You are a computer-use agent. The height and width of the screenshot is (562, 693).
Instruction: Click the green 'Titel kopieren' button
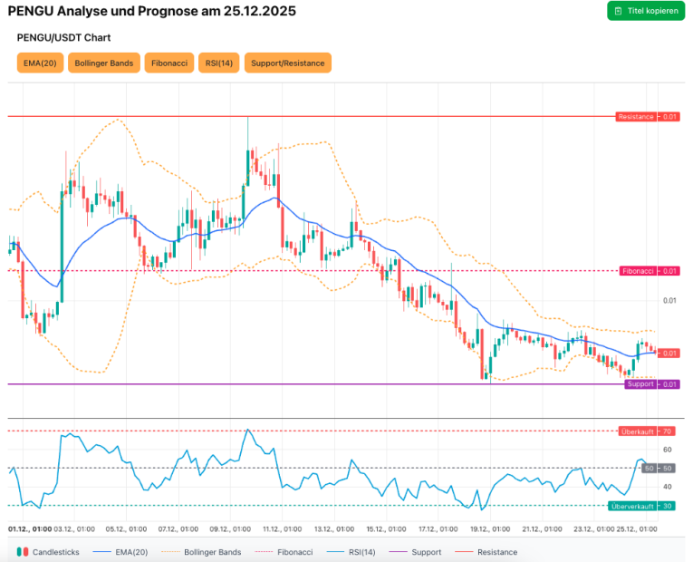pos(646,11)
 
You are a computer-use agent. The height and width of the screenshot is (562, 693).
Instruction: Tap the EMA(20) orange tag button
pos(40,63)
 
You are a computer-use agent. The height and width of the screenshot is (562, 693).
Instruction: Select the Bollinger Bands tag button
pos(104,63)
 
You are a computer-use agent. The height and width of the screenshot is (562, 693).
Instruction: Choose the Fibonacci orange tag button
pos(169,63)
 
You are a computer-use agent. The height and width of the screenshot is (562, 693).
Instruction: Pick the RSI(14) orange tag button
pos(219,63)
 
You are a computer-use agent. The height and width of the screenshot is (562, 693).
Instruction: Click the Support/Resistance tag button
pos(287,63)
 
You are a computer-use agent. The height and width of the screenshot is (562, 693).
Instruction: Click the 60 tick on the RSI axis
pos(668,450)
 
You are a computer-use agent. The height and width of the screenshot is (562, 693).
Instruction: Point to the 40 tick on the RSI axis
pos(668,488)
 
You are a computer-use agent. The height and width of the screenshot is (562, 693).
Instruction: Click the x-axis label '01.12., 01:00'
pos(28,528)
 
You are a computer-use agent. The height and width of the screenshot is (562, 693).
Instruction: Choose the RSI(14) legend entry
pos(358,552)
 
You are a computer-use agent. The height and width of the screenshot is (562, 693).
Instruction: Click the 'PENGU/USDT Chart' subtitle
pos(63,38)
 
